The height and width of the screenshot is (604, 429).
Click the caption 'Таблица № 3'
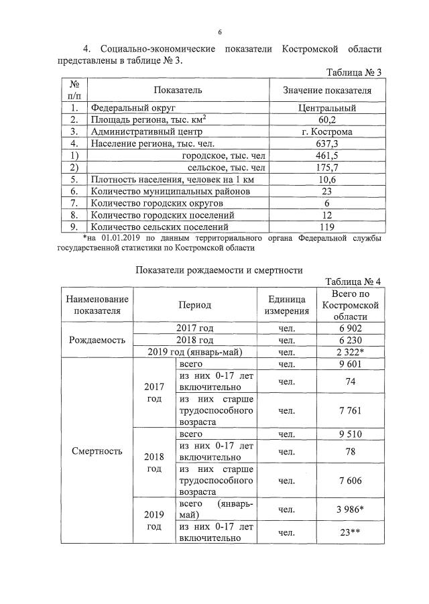353,72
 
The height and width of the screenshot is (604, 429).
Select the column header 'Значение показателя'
326,90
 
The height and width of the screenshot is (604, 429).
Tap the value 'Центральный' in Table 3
326,107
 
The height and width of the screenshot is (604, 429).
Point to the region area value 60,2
326,119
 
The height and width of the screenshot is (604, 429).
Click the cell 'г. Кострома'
326,131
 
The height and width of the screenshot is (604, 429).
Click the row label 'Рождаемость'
98,340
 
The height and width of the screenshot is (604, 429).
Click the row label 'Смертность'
98,450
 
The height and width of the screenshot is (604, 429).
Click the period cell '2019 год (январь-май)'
194,352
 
